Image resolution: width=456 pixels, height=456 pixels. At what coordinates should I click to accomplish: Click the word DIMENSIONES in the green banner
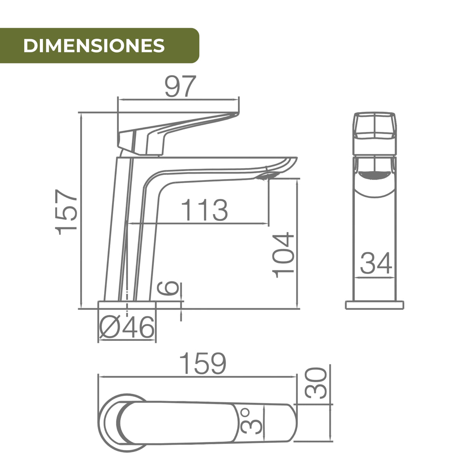click(94, 46)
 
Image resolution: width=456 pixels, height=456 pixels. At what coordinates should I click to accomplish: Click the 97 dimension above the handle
click(180, 86)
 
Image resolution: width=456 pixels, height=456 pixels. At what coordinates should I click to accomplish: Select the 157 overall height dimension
click(66, 212)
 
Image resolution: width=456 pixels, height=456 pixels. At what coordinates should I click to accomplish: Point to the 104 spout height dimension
click(283, 255)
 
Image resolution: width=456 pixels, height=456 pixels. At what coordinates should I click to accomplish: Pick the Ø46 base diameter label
click(127, 327)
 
